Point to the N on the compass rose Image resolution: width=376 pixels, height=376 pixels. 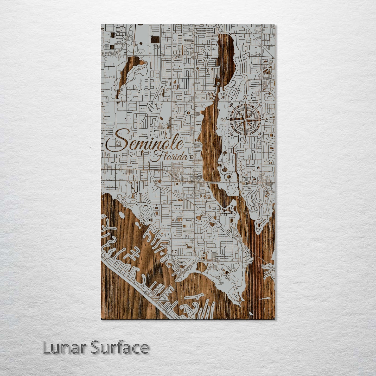tap(246, 97)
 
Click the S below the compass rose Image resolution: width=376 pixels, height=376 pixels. tap(245, 142)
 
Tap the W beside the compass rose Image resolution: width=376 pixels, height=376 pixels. tap(224, 120)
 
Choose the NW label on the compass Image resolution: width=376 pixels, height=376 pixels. tap(230, 105)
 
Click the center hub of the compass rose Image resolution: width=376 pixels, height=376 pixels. tap(245, 119)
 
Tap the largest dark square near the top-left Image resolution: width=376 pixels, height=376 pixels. tap(155, 40)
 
